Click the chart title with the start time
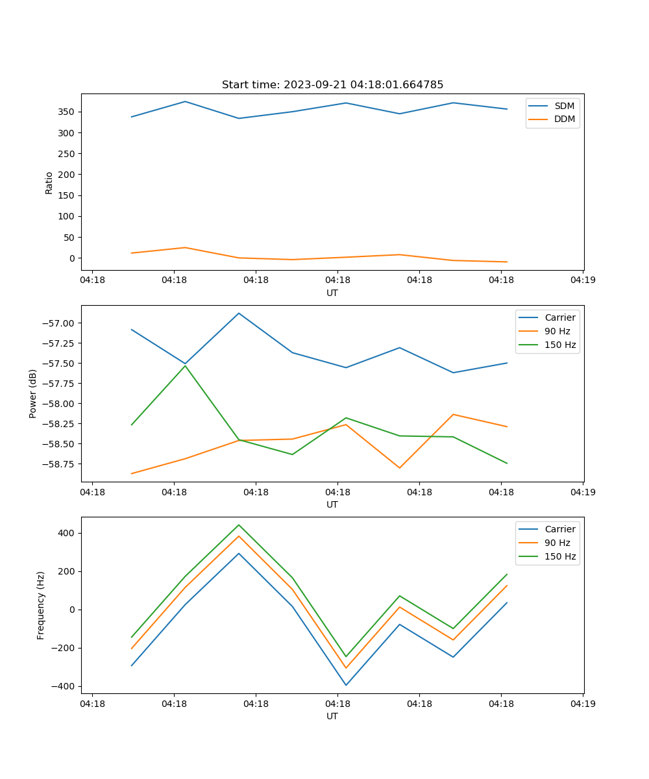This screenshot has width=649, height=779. [332, 85]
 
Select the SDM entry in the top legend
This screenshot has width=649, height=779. [564, 106]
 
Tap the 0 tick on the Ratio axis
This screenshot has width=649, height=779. [73, 258]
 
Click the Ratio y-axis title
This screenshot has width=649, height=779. [49, 182]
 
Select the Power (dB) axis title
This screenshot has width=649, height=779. [34, 393]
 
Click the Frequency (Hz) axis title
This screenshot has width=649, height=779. [41, 605]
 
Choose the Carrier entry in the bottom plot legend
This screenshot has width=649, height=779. [560, 529]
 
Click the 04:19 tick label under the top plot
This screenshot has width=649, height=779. [583, 280]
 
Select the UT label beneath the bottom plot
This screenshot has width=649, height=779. [332, 716]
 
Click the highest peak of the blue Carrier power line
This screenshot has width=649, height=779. [239, 313]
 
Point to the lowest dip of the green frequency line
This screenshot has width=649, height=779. [346, 656]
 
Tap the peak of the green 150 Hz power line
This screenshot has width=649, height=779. [185, 365]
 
